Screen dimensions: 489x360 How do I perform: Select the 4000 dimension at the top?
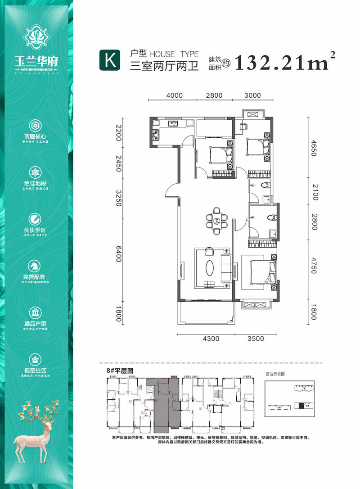click(x=174, y=95)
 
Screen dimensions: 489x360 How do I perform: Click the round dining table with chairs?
click(x=217, y=221)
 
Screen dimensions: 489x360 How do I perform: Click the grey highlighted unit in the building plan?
click(x=166, y=403)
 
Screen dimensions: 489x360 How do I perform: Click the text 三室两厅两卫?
click(x=164, y=66)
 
